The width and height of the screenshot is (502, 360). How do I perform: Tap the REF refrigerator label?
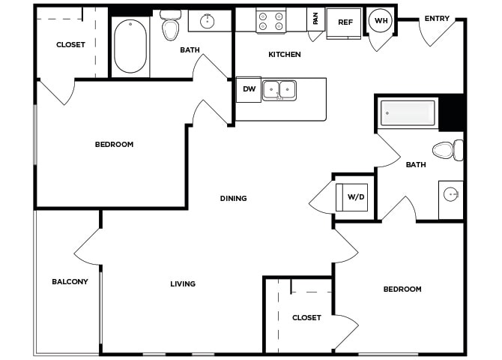pos(345,22)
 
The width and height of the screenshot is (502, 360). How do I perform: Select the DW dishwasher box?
pos(249,89)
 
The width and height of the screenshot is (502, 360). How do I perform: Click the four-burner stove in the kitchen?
pos(270,21)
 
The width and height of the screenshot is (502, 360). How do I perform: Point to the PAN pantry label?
pos(315,18)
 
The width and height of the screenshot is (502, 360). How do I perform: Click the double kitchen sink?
pos(279,91)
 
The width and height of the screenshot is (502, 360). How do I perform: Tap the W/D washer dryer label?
pos(356,196)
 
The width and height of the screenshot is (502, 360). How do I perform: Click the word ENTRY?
pos(437,19)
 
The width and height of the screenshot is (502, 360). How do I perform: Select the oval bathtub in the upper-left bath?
pos(130,46)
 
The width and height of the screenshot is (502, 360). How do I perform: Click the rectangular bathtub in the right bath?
pos(408,112)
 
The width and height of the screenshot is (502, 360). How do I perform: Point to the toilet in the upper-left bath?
pos(170,25)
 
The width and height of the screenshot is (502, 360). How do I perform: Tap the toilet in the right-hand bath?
pos(448,150)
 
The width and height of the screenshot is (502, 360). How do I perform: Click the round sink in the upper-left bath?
pos(207,21)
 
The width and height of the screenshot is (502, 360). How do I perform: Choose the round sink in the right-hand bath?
pos(451,194)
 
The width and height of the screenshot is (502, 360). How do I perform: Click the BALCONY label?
pos(70,282)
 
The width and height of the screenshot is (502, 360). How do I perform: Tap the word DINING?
pos(233,199)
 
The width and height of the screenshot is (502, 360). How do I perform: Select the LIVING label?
pos(183,283)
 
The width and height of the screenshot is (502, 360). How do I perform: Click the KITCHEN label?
pos(285,55)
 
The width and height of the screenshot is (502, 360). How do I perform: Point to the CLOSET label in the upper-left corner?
pos(70,44)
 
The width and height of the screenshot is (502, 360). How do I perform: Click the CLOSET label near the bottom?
pos(306,318)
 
